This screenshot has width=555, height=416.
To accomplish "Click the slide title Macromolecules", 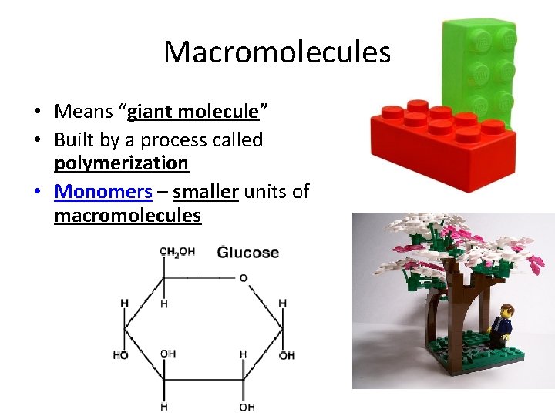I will (277, 52).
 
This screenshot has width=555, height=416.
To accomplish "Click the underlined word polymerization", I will (121, 163).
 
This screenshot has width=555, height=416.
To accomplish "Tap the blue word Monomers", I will (103, 191).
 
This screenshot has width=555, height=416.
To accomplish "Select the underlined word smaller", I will (205, 191).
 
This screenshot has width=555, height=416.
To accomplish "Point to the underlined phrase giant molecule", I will (193, 112).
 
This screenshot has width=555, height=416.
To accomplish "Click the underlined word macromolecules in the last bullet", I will (127, 216).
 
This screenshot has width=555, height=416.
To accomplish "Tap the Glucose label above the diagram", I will (247, 253).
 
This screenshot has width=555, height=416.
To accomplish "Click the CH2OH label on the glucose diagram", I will (177, 253).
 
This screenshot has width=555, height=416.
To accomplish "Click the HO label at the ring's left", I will (121, 355).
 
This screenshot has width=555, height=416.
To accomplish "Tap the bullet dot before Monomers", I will (39, 192).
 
